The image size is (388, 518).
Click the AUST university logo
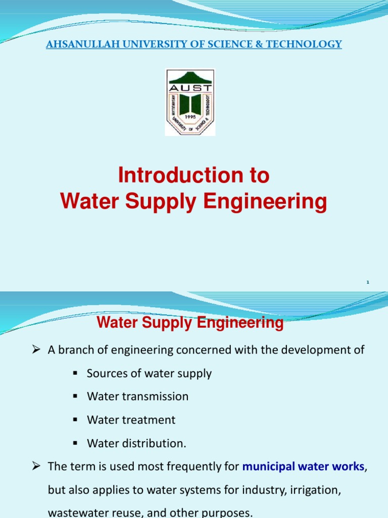(190, 102)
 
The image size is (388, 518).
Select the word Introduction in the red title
(173, 176)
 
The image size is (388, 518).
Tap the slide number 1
(368, 282)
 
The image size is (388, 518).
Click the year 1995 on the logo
(190, 116)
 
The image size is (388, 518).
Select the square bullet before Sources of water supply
(74, 373)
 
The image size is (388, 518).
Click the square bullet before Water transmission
(74, 397)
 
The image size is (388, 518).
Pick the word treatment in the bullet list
(151, 420)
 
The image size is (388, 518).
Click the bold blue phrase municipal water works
(303, 466)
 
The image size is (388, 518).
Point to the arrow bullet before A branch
(36, 350)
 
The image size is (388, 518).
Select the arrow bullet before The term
(36, 466)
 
